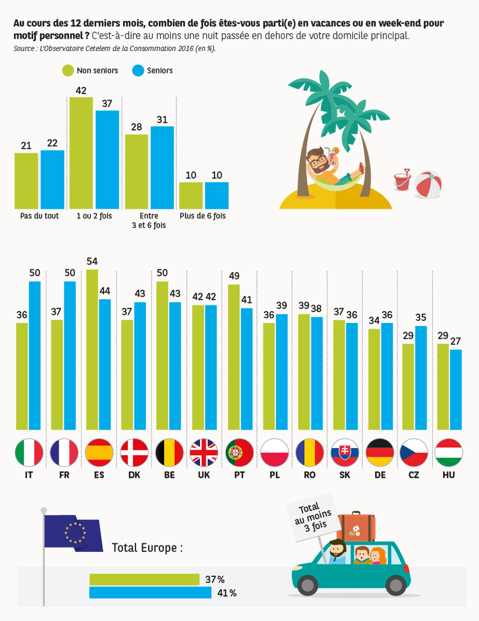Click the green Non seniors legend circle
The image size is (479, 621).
point(68,71)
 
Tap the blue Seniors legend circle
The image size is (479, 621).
point(138,71)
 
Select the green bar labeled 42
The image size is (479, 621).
point(81,153)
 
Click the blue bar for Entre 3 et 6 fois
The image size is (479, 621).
point(162,167)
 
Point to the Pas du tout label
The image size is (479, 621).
point(39,216)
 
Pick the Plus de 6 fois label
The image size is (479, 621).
point(202,216)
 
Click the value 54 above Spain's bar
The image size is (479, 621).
point(92,261)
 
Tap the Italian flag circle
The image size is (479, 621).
point(29,452)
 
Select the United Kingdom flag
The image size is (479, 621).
point(204,452)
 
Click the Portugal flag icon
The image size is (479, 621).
point(239,452)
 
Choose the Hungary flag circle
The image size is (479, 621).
point(449,452)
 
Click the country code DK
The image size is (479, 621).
point(134,475)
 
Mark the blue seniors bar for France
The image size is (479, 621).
point(70,356)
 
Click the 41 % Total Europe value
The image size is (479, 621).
point(227,593)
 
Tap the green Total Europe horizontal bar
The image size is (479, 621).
point(144,580)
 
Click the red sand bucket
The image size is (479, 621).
point(402,182)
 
